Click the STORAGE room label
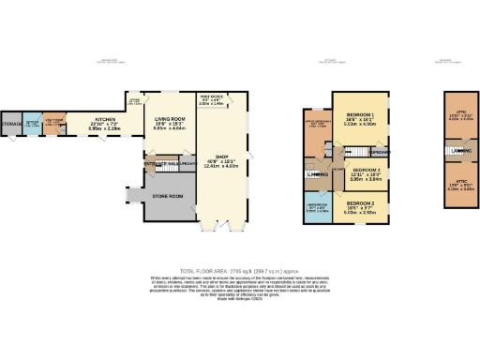(x=11, y=124)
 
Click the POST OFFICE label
(x=211, y=96)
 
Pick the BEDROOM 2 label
(x=361, y=203)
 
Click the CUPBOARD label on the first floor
(x=378, y=152)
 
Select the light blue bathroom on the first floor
(x=316, y=209)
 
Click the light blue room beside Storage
(x=33, y=124)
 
